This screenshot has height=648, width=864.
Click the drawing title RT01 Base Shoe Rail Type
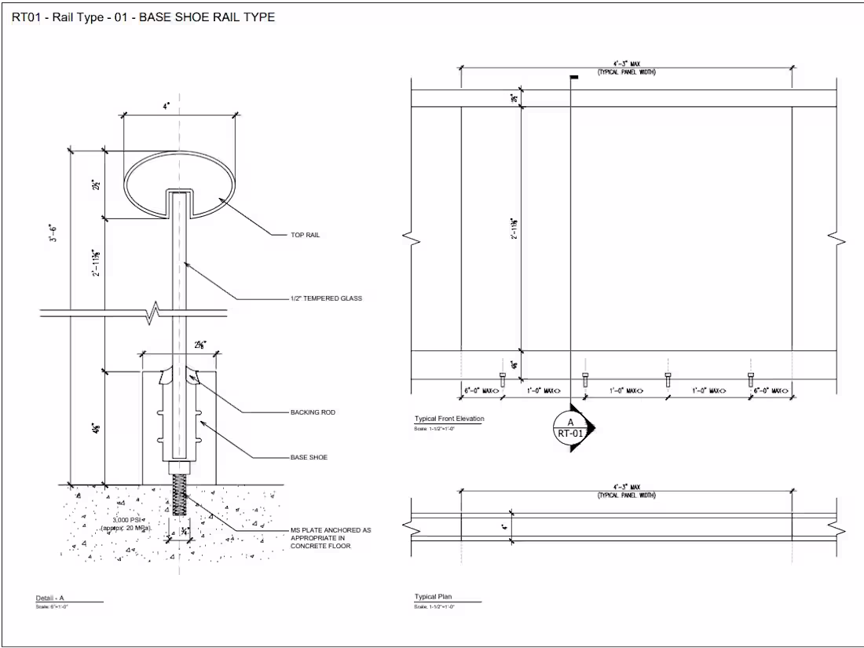pos(143,17)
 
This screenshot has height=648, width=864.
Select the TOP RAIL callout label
pos(306,235)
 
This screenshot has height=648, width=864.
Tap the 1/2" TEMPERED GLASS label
pos(326,298)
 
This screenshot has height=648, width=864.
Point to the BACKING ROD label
pos(313,412)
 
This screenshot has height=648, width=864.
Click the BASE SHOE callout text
pos(309,457)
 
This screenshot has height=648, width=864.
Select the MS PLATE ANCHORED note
pos(330,538)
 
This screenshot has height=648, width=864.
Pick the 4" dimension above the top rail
pos(166,104)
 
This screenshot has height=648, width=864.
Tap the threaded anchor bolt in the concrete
pos(179,495)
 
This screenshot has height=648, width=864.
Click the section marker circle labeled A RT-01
pos(571,427)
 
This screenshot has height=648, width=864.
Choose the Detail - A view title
pos(49,599)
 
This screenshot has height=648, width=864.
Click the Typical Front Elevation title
pos(449,419)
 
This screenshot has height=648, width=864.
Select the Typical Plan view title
pos(434,597)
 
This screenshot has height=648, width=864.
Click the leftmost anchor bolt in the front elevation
pos(503,380)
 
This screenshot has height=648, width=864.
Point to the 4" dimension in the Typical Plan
pos(504,527)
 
